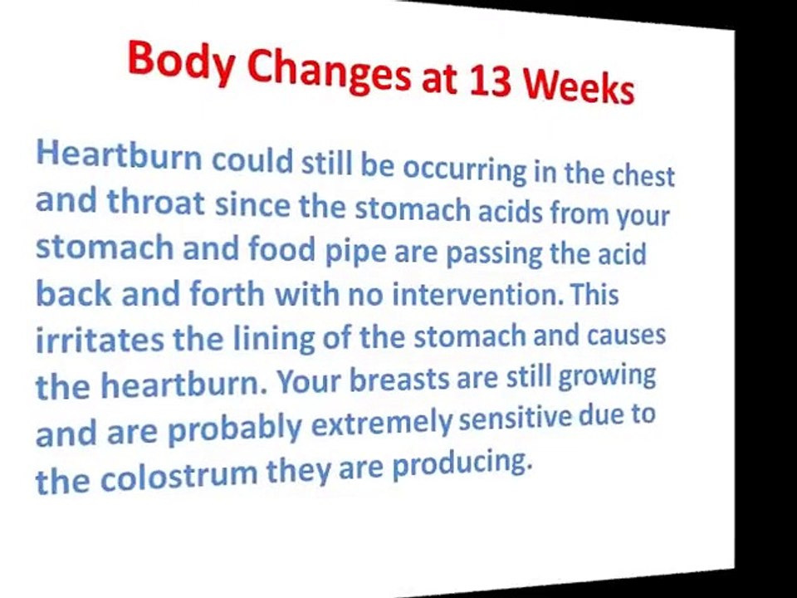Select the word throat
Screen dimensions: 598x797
pyautogui.click(x=158, y=203)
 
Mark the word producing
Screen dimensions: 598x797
pyautogui.click(x=462, y=468)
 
